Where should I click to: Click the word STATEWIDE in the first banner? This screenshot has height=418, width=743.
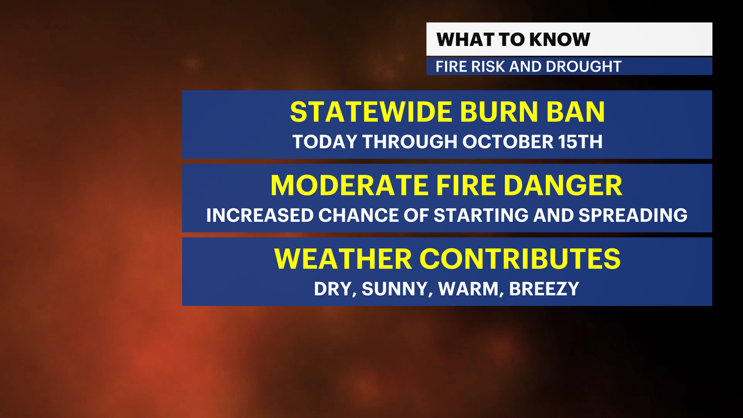pyautogui.click(x=371, y=112)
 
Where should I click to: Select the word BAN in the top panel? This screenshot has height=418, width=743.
pyautogui.click(x=575, y=112)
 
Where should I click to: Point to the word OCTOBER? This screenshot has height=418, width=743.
pyautogui.click(x=508, y=142)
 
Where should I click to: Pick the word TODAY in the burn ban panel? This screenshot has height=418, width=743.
pyautogui.click(x=325, y=142)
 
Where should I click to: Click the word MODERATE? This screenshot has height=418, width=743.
pyautogui.click(x=349, y=185)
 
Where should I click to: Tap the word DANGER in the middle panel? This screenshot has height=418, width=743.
pyautogui.click(x=563, y=185)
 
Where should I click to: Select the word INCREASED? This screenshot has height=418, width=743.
pyautogui.click(x=260, y=215)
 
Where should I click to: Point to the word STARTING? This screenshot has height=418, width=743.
pyautogui.click(x=481, y=215)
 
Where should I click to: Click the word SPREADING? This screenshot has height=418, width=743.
pyautogui.click(x=633, y=215)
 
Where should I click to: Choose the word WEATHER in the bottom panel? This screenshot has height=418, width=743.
pyautogui.click(x=343, y=259)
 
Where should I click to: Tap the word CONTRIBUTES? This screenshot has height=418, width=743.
pyautogui.click(x=520, y=259)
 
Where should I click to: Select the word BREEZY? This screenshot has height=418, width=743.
pyautogui.click(x=544, y=289)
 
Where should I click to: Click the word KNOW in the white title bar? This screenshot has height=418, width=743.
pyautogui.click(x=560, y=39)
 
